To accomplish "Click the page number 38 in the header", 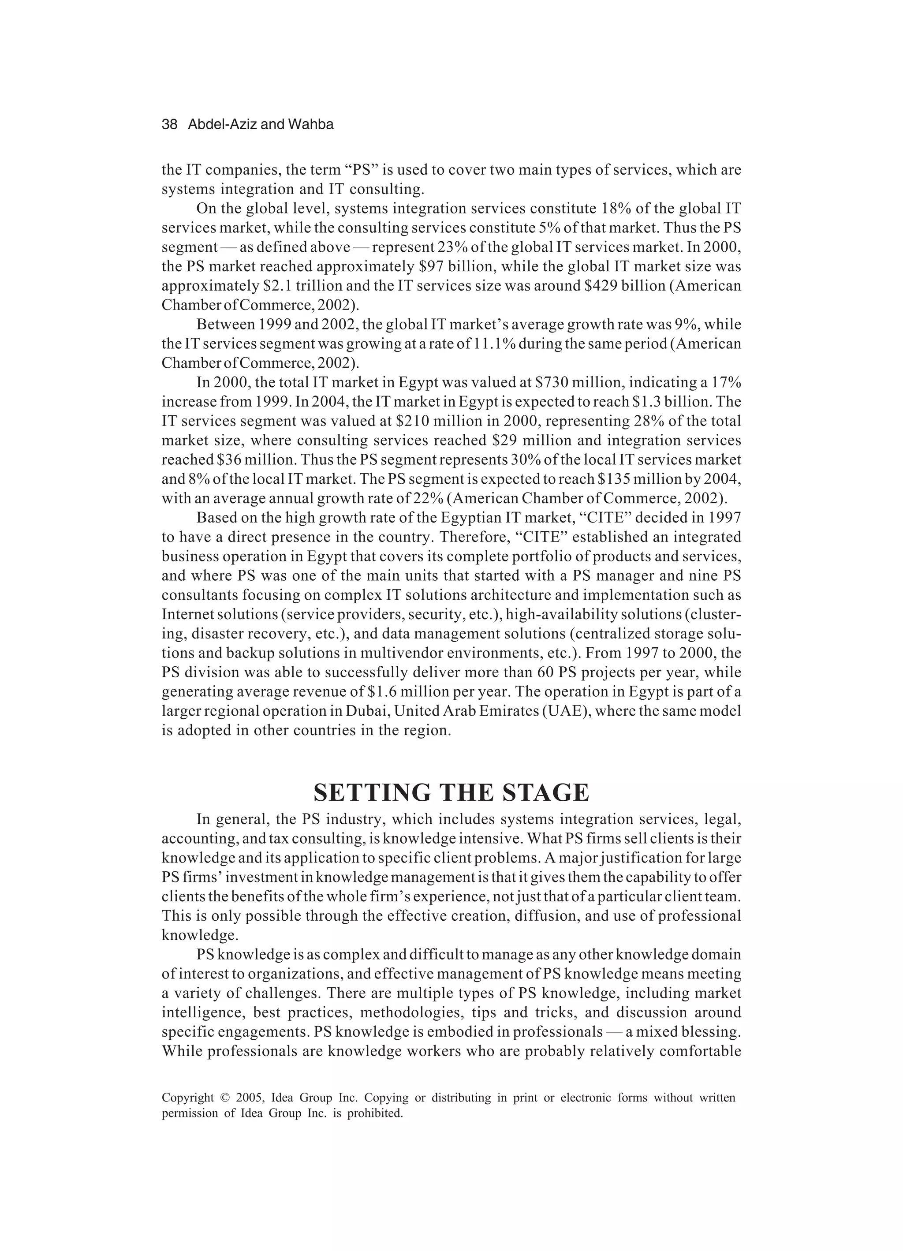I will pyautogui.click(x=169, y=125).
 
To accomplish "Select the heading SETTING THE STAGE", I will pyautogui.click(x=451, y=793).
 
